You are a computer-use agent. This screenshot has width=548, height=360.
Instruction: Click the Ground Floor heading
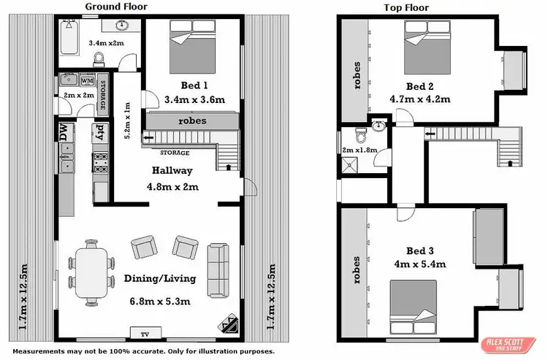point(116,7)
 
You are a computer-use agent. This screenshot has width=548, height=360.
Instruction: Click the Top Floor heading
point(406,8)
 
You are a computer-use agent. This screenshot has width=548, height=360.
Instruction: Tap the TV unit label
point(145,334)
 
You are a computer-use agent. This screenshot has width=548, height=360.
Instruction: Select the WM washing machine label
point(87,80)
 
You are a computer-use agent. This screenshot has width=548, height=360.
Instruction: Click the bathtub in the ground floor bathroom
point(70,31)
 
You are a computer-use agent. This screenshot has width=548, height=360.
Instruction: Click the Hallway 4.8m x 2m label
point(172,178)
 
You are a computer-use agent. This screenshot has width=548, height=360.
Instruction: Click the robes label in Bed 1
point(191,120)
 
